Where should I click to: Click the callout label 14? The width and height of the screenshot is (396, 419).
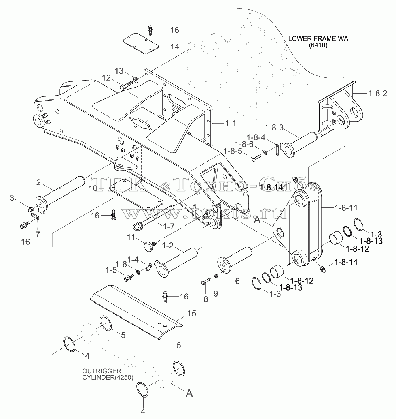pyautogui.click(x=175, y=47)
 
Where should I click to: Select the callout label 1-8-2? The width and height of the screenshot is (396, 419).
pyautogui.click(x=378, y=94)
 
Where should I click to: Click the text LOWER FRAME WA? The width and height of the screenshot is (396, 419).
pyautogui.click(x=318, y=38)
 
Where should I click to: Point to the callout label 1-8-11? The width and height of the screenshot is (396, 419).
pyautogui.click(x=346, y=207)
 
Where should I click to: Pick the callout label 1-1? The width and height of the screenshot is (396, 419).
pyautogui.click(x=231, y=123)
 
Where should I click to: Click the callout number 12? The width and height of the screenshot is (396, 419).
pyautogui.click(x=106, y=78)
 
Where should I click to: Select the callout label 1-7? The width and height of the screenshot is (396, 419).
pyautogui.click(x=169, y=227)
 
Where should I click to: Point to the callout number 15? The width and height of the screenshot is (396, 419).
pyautogui.click(x=192, y=313)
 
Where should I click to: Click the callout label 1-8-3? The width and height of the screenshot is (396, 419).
pyautogui.click(x=274, y=128)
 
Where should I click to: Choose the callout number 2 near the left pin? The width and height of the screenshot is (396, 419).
pyautogui.click(x=39, y=182)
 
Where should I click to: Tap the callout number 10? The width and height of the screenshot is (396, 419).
pyautogui.click(x=93, y=188)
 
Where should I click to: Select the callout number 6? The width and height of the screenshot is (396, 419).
pyautogui.click(x=237, y=281)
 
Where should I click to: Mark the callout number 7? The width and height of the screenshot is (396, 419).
pyautogui.click(x=38, y=234)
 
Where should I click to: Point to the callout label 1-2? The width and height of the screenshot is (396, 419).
pyautogui.click(x=168, y=245)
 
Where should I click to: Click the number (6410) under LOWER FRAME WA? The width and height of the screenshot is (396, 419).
pyautogui.click(x=318, y=45)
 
